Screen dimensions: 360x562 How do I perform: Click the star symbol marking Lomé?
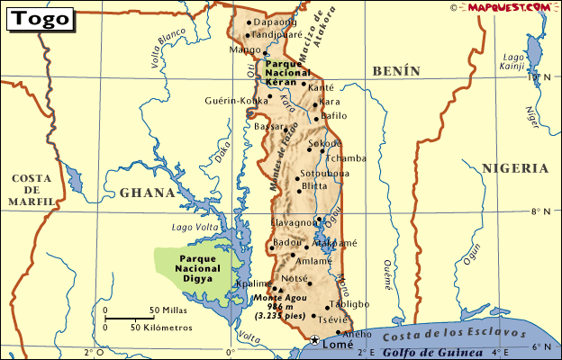coord(314,340)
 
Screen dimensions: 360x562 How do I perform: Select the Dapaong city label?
coord(275,22)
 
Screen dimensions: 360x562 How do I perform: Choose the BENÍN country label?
coord(396,70)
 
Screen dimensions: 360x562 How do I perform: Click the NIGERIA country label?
coord(514,168)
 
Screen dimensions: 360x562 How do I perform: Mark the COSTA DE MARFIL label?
coord(31,190)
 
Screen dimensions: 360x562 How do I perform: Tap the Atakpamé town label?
coord(334,243)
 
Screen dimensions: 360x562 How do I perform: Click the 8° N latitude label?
coord(541,212)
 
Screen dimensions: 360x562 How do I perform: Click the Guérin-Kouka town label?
coord(237,100)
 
